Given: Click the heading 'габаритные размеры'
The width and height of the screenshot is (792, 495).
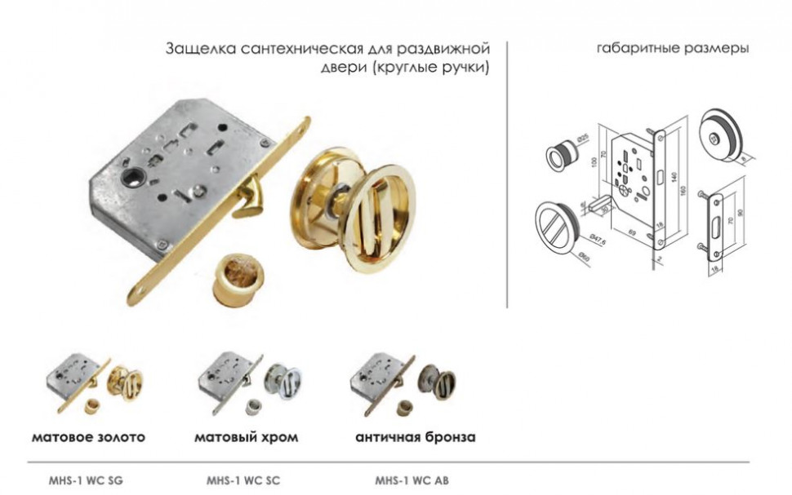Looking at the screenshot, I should coord(673,48).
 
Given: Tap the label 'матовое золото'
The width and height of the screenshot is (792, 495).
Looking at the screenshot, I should coord(88,437).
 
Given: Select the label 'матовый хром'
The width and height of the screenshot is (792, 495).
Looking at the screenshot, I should coord(246,437).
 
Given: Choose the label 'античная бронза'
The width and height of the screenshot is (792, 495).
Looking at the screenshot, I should coord(415,437).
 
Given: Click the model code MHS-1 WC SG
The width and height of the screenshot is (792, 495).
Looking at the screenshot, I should coord(87,480).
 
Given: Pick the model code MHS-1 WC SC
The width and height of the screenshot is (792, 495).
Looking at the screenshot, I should coord(243,480).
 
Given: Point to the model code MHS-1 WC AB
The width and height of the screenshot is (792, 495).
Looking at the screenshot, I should coord(412,480).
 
